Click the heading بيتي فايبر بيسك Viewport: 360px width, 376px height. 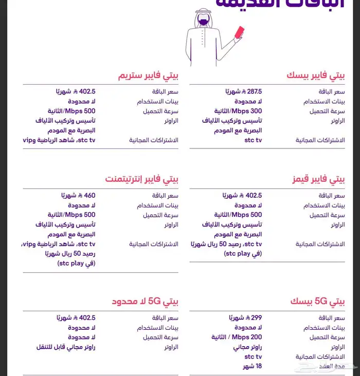(x=316, y=76)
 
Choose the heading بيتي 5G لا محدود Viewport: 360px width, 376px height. (x=146, y=301)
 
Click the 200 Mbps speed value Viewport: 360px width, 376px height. (x=237, y=337)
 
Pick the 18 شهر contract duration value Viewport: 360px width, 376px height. (x=252, y=366)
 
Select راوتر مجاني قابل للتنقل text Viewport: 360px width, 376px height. (x=65, y=347)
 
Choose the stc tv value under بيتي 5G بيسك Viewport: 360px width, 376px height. (x=253, y=356)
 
